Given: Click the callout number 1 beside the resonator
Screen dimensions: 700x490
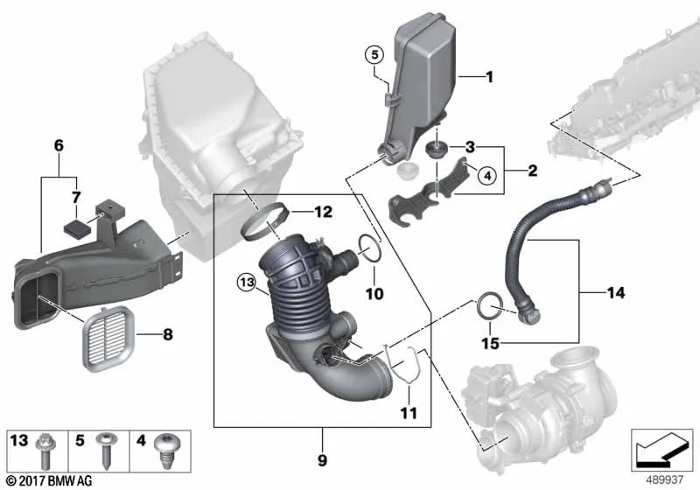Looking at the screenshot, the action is point(490,77).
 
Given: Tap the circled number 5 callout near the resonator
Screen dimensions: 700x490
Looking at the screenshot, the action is point(374,55).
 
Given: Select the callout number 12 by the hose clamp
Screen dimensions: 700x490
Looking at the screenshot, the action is point(323,212).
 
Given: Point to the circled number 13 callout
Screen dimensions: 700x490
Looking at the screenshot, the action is point(247,282).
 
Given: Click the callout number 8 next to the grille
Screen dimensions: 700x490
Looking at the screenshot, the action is point(168,334).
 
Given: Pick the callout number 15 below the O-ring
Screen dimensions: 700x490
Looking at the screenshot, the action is point(490,343).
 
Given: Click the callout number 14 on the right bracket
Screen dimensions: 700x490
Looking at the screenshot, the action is point(616,293).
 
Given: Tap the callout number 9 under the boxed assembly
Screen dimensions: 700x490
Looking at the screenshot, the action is point(322,460).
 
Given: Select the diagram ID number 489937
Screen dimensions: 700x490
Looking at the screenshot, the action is point(665,480).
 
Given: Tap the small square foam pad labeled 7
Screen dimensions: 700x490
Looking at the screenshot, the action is point(77,229).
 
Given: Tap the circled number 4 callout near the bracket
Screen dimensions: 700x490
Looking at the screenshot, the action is point(487,175).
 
